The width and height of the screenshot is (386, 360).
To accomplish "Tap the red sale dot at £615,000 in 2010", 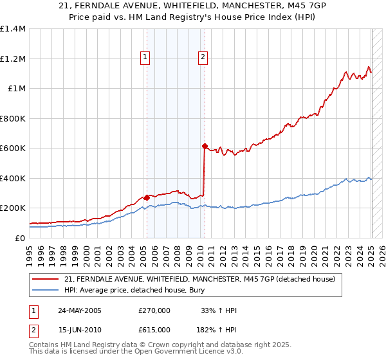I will pyautogui.click(x=205, y=147).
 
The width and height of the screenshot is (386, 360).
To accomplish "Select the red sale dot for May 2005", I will pyautogui.click(x=147, y=197).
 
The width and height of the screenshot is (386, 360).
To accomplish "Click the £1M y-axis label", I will pyautogui.click(x=17, y=89).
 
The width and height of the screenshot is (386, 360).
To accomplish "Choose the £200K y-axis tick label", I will pyautogui.click(x=13, y=208).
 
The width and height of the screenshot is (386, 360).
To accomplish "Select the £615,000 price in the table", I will pyautogui.click(x=154, y=329).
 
